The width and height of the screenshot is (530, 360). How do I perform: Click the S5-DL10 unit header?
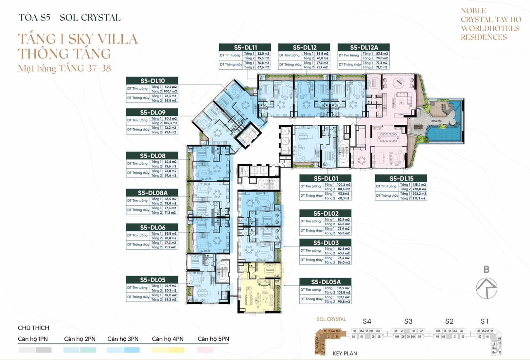[x=152, y=81]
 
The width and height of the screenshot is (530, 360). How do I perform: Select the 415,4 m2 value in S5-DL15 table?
[x=419, y=185]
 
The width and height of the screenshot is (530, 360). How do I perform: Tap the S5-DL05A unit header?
[x=325, y=282]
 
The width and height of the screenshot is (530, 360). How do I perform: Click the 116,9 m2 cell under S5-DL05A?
[x=343, y=288]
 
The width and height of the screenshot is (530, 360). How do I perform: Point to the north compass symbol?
[x=486, y=288]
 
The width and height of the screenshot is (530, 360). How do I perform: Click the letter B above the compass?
[x=486, y=269]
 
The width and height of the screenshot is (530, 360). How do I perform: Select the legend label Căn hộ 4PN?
[x=168, y=339]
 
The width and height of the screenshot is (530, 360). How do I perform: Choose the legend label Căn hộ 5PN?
[x=213, y=339]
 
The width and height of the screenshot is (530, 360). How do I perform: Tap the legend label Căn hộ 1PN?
[x=33, y=339]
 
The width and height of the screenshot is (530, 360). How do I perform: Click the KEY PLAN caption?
[x=344, y=353]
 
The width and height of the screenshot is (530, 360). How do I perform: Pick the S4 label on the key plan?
[x=367, y=321]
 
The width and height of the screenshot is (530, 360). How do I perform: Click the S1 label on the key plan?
[x=485, y=321]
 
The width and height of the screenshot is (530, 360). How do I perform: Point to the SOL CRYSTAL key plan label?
[x=331, y=319]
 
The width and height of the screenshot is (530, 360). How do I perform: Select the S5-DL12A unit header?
[x=363, y=47]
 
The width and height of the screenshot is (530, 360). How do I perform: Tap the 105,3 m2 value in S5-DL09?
[x=170, y=123]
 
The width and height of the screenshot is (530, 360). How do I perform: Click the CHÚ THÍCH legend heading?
[x=33, y=328]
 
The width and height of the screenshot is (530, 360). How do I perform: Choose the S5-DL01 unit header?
[x=325, y=178]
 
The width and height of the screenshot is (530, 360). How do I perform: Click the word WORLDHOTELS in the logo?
[x=490, y=28]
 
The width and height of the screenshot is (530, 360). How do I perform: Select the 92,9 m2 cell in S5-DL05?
[x=170, y=286]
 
